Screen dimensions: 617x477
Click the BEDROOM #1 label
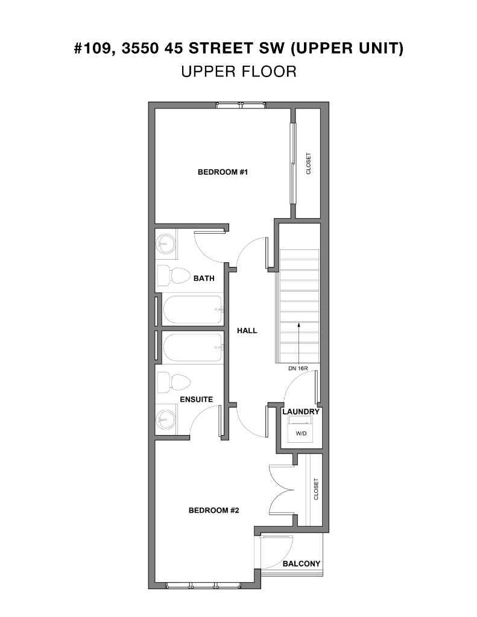click(223, 172)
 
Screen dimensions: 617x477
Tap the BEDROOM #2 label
click(214, 510)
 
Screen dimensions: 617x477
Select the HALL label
click(247, 330)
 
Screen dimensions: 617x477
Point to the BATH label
click(204, 278)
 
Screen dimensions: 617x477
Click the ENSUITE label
click(196, 399)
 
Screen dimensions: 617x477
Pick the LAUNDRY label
click(300, 412)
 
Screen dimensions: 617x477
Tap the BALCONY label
click(302, 564)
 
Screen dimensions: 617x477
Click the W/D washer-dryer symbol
click(300, 432)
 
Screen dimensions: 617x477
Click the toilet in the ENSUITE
click(175, 381)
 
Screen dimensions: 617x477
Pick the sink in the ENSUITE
click(165, 418)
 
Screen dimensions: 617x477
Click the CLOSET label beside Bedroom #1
click(309, 163)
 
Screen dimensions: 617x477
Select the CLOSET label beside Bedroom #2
click(316, 489)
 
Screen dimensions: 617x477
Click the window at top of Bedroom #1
click(241, 105)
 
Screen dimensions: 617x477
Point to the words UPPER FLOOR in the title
click(238, 72)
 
